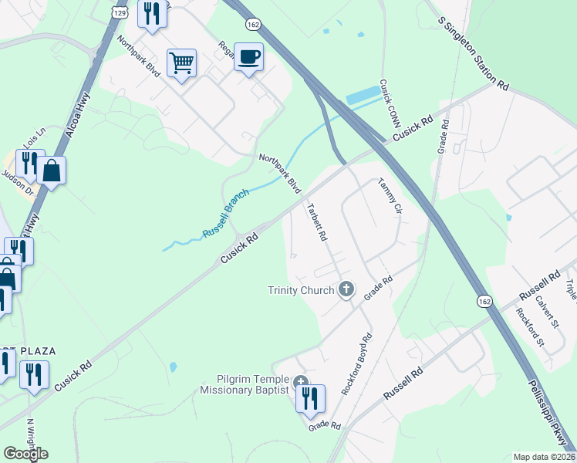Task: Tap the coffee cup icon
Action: coord(248,56)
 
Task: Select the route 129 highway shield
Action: coord(119,12)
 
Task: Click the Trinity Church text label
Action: coord(301,290)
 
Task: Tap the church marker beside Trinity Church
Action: coord(346,289)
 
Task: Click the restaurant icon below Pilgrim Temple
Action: coord(309,398)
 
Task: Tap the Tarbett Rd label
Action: coord(318,222)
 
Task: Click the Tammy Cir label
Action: coord(390,196)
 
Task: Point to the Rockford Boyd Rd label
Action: coord(357,364)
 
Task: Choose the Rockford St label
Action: coord(530,327)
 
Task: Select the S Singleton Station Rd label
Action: coord(474,53)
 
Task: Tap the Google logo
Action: coord(25,454)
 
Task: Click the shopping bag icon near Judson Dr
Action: coord(51,171)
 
